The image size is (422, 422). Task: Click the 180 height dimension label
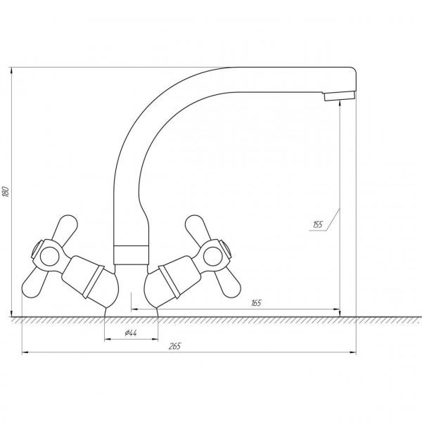(6, 191)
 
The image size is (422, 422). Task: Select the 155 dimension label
(318, 224)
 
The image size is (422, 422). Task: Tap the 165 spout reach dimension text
(256, 303)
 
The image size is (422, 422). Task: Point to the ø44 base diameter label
(131, 333)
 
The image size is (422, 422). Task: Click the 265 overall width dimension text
(175, 346)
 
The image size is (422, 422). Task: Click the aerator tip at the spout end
(340, 96)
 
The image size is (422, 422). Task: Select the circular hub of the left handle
(49, 256)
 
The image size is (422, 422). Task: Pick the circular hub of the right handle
(212, 256)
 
